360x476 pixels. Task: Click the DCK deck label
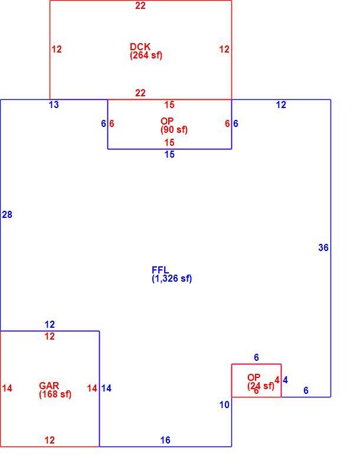[140, 47]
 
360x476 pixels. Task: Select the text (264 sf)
[146, 56]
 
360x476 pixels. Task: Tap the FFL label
[160, 270]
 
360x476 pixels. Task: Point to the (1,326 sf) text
[172, 279]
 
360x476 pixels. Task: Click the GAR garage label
[49, 386]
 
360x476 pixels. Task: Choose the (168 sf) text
[55, 395]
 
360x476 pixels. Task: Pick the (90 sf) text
[174, 129]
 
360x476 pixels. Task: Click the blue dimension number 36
[323, 247]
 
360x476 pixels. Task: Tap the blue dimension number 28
[7, 214]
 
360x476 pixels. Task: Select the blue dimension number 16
[165, 440]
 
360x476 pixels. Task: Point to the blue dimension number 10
[224, 405]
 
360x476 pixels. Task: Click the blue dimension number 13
[54, 105]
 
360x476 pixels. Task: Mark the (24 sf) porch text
[260, 386]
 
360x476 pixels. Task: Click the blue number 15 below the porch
[169, 155]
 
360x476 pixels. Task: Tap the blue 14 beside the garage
[106, 388]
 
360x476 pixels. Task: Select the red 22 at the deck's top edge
[140, 5]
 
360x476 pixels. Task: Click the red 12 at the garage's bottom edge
[50, 440]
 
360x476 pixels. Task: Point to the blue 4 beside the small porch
[285, 380]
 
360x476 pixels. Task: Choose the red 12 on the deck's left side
[57, 49]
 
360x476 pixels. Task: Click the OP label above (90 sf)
[167, 121]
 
